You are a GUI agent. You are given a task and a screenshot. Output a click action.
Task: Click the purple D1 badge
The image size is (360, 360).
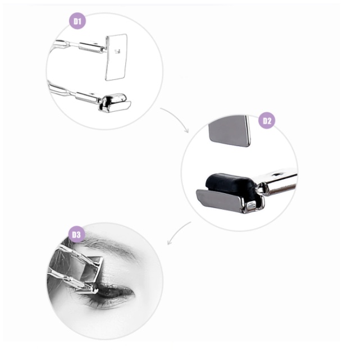click(x=78, y=21)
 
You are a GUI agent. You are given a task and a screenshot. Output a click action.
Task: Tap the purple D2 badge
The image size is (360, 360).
click(x=267, y=121)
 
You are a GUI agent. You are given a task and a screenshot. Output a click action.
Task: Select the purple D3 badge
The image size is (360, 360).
click(x=77, y=234)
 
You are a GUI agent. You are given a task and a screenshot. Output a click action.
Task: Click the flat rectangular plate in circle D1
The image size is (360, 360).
click(x=116, y=57)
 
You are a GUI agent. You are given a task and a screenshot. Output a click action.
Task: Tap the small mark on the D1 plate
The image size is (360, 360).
click(x=117, y=52)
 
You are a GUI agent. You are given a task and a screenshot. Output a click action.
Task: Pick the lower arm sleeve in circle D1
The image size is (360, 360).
click(x=88, y=97)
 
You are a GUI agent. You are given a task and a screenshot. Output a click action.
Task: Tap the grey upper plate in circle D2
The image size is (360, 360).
click(x=230, y=131)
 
